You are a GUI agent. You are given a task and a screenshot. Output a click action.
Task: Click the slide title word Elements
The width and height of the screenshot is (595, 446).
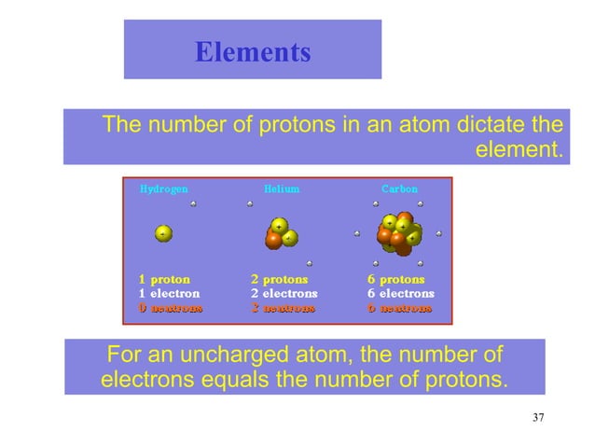[253, 52]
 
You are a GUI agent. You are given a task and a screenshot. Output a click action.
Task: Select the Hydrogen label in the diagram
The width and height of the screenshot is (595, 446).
[163, 188]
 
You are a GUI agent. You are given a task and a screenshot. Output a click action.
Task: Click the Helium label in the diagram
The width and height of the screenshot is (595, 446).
[282, 188]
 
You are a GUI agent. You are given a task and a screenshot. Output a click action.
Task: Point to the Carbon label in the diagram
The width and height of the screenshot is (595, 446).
[399, 188]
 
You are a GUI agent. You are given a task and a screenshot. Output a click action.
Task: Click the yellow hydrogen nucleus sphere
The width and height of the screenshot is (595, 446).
[163, 233]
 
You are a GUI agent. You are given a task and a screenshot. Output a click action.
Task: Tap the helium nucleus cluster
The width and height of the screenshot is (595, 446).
[280, 233]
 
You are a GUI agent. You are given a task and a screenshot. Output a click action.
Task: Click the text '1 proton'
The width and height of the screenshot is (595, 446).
[165, 278]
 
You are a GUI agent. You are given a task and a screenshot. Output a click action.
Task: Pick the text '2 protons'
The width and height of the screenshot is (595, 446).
[280, 278]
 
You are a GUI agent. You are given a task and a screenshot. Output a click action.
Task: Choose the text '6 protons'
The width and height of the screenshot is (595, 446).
[396, 278]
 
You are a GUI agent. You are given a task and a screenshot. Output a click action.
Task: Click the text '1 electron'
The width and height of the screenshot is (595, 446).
[169, 292]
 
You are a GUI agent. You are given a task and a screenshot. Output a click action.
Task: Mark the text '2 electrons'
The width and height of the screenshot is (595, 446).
[284, 292]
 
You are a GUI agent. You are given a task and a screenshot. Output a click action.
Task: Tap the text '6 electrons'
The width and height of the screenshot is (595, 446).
[400, 292]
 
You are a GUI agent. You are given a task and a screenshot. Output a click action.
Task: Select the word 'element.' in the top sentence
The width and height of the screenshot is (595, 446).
[519, 148]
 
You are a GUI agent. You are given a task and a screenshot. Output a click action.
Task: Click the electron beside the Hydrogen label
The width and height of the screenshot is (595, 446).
[193, 202]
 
